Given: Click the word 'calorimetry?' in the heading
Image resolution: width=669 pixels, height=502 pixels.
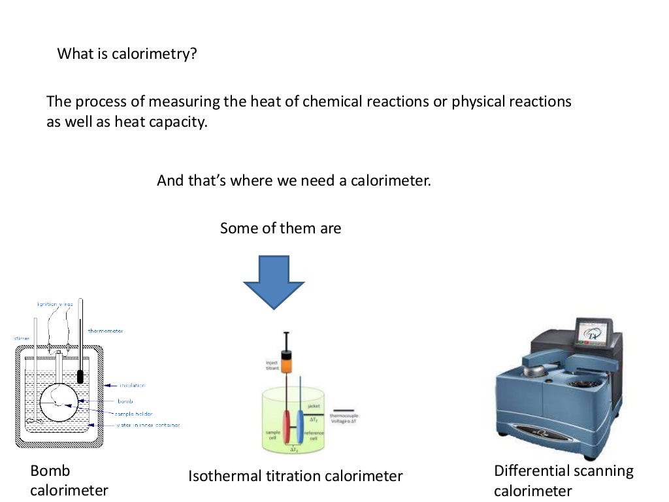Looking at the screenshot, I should pyautogui.click(x=154, y=54).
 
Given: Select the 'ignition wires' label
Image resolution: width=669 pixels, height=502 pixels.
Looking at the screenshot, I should pyautogui.click(x=55, y=305).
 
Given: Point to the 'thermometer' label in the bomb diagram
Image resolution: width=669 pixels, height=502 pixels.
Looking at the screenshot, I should pyautogui.click(x=106, y=331).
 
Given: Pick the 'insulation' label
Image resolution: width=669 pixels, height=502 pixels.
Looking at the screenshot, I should pyautogui.click(x=132, y=386).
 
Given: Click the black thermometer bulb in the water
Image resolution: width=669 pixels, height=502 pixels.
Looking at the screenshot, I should pyautogui.click(x=81, y=377).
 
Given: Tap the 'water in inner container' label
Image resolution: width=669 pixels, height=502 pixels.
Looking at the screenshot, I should pyautogui.click(x=148, y=425).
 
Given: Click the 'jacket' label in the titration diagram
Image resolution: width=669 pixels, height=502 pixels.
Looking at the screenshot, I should pyautogui.click(x=312, y=407).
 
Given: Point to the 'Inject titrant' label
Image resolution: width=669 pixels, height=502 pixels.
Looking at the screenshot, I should pyautogui.click(x=272, y=365).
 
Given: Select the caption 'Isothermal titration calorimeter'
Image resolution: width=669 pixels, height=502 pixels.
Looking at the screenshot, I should pyautogui.click(x=295, y=477).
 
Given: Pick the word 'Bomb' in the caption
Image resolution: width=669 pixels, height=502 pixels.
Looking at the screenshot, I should pyautogui.click(x=50, y=471).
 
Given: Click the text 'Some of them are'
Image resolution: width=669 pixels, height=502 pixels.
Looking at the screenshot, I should pyautogui.click(x=280, y=228).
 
